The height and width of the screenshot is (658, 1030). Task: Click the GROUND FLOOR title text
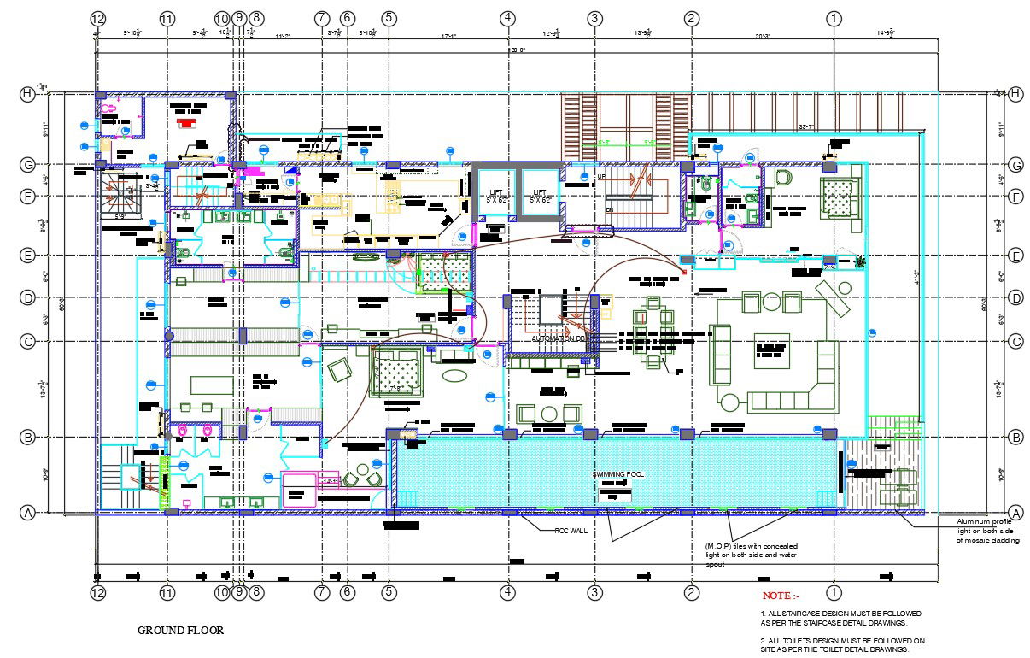coord(181,631)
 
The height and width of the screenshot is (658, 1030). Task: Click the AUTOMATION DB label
coord(559,339)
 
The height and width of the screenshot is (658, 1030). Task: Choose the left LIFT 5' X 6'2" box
coord(495,196)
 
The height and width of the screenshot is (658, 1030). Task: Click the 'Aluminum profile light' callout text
coord(987,530)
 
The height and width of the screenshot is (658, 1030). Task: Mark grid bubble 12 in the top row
coord(97,18)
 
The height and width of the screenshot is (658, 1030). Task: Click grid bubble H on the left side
coord(27,94)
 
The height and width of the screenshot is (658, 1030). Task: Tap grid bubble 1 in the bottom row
coord(834,591)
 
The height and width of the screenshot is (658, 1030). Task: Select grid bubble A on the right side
coord(1015,513)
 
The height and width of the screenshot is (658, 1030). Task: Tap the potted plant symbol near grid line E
coord(859,261)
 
